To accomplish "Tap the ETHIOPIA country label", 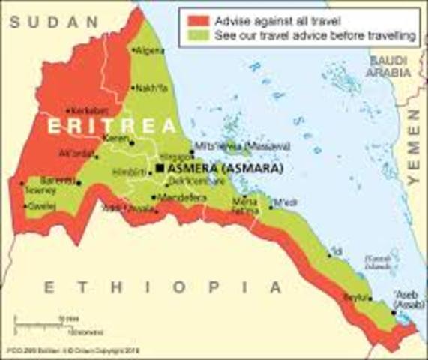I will (162, 287).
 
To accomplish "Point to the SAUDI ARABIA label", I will (388, 66).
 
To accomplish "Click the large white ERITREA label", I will (112, 126).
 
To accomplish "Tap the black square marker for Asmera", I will (160, 169).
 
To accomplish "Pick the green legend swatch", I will (196, 35).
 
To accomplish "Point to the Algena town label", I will (149, 51).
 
